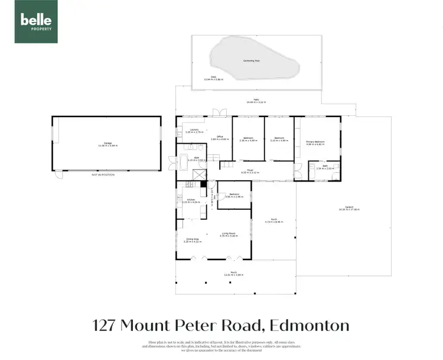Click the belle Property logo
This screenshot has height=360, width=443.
[36, 22]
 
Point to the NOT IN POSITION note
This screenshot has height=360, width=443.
[103, 175]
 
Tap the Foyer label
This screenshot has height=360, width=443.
[250, 171]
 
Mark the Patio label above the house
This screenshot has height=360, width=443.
[256, 100]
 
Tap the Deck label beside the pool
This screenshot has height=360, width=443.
[207, 77]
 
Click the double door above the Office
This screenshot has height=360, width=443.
[219, 112]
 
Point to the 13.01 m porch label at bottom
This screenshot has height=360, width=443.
[234, 274]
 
